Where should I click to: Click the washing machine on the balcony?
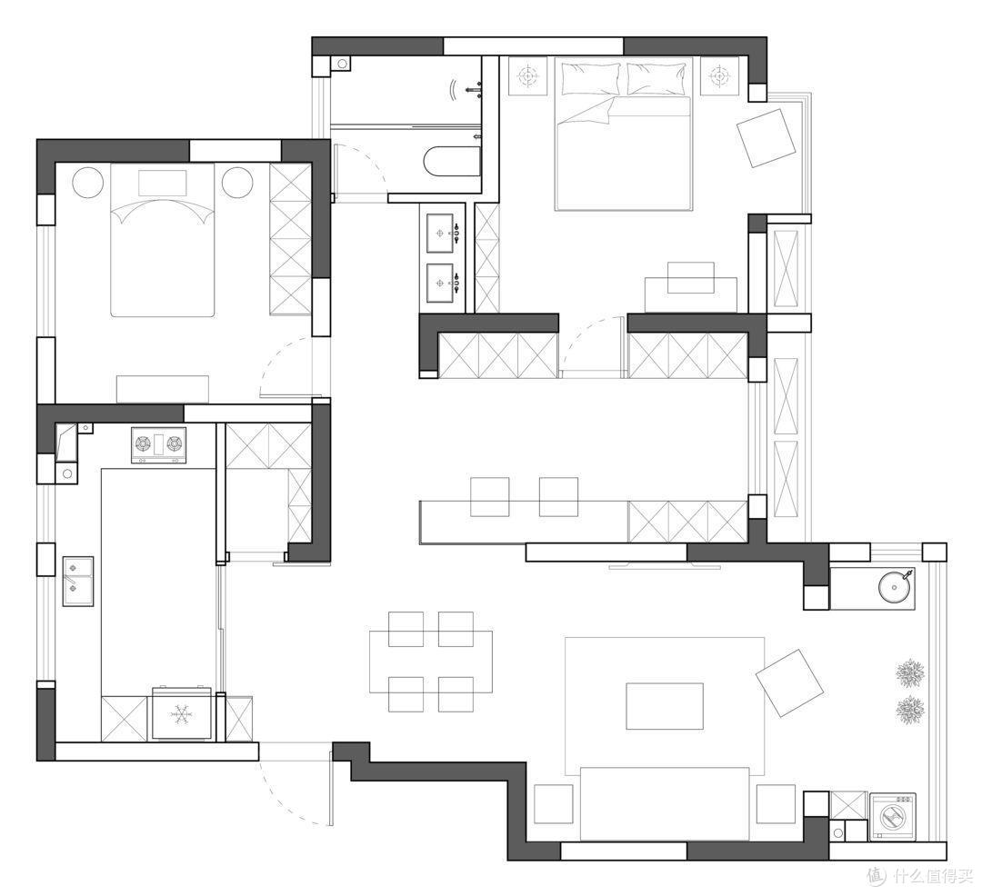893,817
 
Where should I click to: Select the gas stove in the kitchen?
158,445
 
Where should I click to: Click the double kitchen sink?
77,582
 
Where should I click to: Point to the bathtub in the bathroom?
452,162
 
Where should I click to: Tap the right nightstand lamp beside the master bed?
719,76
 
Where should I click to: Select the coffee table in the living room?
665,706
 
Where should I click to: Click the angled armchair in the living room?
789,682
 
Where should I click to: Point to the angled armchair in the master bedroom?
766,137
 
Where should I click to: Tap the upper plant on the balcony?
910,672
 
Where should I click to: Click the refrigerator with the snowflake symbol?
183,713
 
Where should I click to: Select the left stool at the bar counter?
490,497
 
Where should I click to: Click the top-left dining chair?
406,629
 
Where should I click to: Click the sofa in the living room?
665,804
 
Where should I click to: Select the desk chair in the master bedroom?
691,277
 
